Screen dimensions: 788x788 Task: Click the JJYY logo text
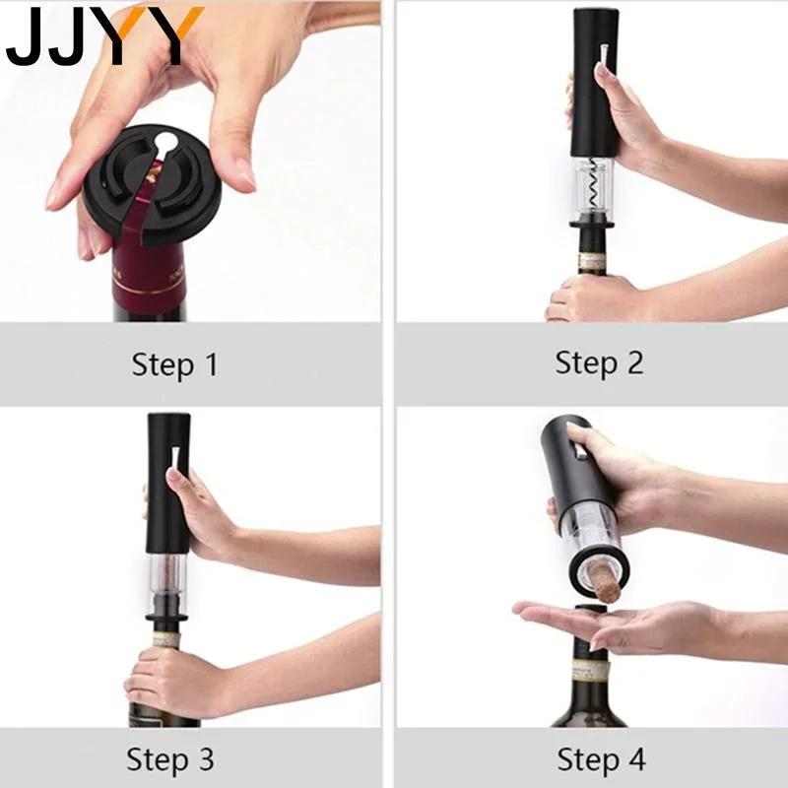click(x=103, y=36)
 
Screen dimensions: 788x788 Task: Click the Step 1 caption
click(x=174, y=364)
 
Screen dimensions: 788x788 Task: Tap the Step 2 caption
click(x=599, y=362)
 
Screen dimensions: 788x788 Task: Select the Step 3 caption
click(x=170, y=759)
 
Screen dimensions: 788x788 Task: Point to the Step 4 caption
click(x=601, y=759)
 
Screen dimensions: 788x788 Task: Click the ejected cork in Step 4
click(x=602, y=576)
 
